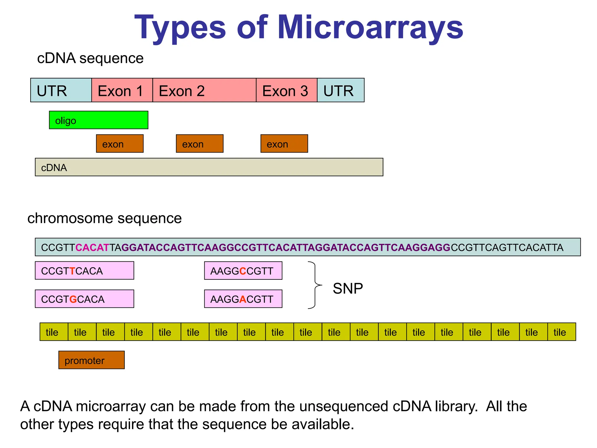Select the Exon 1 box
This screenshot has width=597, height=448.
pyautogui.click(x=122, y=90)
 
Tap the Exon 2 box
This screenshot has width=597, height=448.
pyautogui.click(x=204, y=90)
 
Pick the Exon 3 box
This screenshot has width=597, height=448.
pyautogui.click(x=286, y=90)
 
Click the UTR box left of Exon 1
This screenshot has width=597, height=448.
pyautogui.click(x=61, y=90)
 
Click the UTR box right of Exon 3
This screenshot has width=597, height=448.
pyautogui.click(x=340, y=90)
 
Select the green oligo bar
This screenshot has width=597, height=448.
pyautogui.click(x=99, y=120)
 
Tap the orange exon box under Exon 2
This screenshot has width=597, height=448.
pyautogui.click(x=199, y=143)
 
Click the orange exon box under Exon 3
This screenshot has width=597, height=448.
pyautogui.click(x=284, y=143)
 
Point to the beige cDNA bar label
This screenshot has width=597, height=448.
pyautogui.click(x=54, y=168)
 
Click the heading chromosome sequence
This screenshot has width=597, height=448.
pyautogui.click(x=104, y=218)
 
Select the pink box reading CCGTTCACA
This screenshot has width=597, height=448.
pyautogui.click(x=84, y=271)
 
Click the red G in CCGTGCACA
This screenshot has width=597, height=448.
pyautogui.click(x=73, y=299)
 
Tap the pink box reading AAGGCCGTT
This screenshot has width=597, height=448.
pyautogui.click(x=243, y=271)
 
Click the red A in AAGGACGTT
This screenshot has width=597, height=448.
pyautogui.click(x=243, y=299)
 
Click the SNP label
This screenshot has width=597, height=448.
pyautogui.click(x=347, y=288)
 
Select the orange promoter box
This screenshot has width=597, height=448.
pyautogui.click(x=91, y=360)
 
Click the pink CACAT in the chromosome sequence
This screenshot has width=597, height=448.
pyautogui.click(x=92, y=247)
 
